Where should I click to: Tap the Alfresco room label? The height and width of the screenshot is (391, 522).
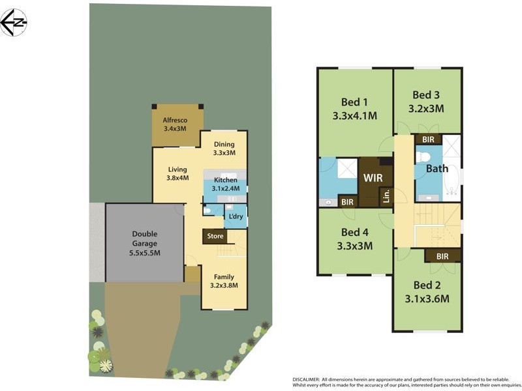point(175,124)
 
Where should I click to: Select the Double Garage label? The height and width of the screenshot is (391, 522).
point(145,243)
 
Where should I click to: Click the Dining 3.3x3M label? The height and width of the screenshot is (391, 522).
point(224,149)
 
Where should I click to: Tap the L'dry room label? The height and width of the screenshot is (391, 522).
point(236,216)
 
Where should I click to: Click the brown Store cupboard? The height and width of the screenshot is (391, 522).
point(215,236)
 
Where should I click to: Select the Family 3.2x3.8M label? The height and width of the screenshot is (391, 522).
point(224,280)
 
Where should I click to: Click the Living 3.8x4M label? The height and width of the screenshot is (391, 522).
point(177,173)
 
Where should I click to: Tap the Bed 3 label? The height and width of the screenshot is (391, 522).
point(426,101)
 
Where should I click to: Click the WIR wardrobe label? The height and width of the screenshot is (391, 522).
point(373,177)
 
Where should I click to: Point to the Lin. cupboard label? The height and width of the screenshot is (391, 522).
point(386,195)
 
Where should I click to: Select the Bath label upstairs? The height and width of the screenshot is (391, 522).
point(437,169)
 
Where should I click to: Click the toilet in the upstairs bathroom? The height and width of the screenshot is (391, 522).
point(423,156)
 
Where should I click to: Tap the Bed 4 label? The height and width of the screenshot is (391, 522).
point(355,239)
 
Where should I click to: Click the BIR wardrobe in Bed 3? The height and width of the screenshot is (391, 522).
point(429,139)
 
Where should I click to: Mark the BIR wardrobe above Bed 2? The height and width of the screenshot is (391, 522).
point(442,256)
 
